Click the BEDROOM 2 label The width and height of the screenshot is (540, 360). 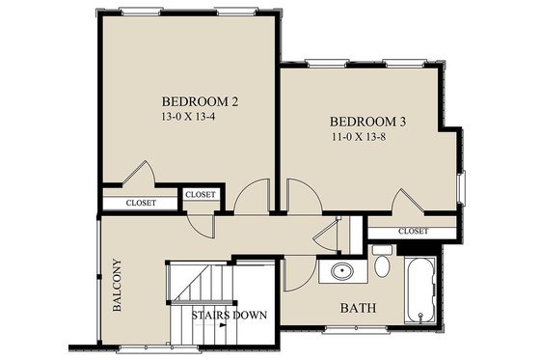tap(200, 101)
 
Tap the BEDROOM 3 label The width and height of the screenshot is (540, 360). tap(369, 122)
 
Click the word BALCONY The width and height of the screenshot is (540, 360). tap(117, 287)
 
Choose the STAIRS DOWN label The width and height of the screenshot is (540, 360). tap(229, 315)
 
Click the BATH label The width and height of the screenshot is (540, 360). tap(358, 309)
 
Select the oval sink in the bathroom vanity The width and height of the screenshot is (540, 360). tap(341, 271)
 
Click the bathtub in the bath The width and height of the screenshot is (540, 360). tap(421, 289)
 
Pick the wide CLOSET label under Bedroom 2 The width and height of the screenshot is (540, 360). tap(143, 203)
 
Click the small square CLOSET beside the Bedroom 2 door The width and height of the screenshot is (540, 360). tap(201, 195)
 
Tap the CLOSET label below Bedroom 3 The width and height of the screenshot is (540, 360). tap(413, 232)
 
